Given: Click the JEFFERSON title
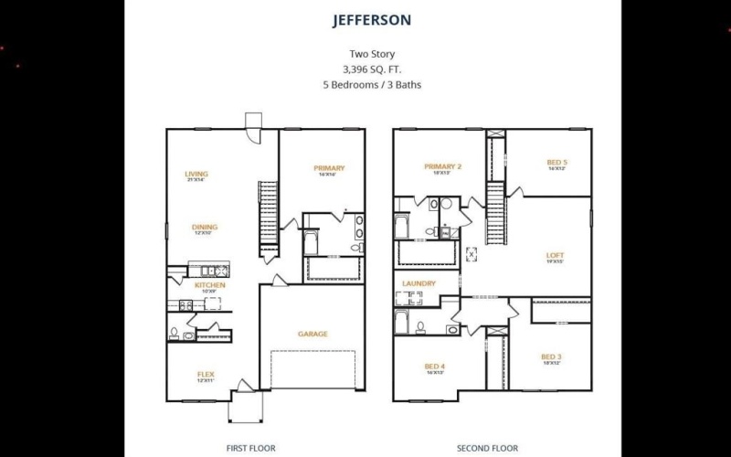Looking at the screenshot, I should (372, 19).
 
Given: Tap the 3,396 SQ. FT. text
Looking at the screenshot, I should (372, 69).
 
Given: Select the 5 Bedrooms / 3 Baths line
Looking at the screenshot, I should (372, 85).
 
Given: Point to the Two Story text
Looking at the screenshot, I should (372, 53).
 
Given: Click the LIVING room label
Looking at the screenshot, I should (196, 174).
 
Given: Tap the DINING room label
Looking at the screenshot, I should (204, 228).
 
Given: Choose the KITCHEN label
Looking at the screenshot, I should (209, 285).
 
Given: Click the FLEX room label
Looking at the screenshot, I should (206, 375).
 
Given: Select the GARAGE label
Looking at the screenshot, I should (313, 334).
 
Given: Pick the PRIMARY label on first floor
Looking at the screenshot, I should (329, 168).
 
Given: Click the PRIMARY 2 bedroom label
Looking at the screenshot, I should (443, 166).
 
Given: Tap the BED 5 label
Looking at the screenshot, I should (556, 163).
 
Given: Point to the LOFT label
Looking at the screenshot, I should (555, 256).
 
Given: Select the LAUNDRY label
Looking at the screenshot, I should (418, 283).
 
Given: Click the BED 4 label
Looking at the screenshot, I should (434, 367).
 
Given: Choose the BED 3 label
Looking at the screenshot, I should (550, 356).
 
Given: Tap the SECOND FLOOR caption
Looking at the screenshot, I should (487, 448).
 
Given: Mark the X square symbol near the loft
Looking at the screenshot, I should (471, 255).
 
